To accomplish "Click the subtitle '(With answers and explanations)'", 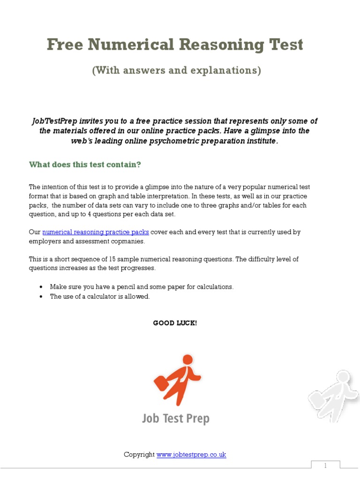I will coord(176,70).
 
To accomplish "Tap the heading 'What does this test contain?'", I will coord(85,165).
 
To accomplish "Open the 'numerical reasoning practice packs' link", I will coord(96,232).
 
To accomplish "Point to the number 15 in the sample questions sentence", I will coord(118,259).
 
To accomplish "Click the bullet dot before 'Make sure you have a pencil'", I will coord(41,287).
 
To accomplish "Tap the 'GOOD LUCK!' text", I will coord(175,323).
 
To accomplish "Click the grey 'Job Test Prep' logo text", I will coord(176,418).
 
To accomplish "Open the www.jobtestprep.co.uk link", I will coord(191,455).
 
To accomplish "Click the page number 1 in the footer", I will coord(325,466).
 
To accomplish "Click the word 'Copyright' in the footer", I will coord(139,455).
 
